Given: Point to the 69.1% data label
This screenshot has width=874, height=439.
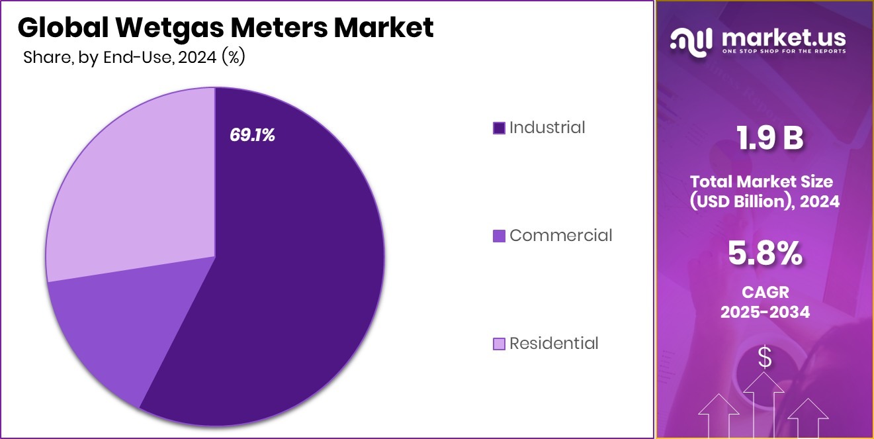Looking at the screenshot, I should click(x=252, y=135).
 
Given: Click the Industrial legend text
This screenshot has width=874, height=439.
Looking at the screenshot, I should click(x=547, y=127).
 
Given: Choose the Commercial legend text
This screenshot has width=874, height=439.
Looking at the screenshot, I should click(x=560, y=235).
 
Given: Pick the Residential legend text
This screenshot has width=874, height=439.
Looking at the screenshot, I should click(x=554, y=343).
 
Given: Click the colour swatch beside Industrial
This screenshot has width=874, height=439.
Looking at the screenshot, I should click(x=499, y=128).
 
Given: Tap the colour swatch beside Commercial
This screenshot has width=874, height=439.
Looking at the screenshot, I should click(x=499, y=236).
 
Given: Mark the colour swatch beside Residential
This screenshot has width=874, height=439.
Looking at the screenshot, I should click(x=499, y=344).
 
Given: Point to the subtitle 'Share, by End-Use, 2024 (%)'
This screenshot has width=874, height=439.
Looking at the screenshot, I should click(x=134, y=58).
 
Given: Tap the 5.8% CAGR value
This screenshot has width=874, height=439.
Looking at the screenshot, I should click(x=765, y=254).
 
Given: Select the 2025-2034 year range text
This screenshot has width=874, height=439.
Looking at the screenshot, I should click(x=765, y=312).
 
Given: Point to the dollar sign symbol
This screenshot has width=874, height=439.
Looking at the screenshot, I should click(x=765, y=358).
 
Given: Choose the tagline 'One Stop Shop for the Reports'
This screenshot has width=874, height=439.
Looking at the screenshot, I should click(x=783, y=51).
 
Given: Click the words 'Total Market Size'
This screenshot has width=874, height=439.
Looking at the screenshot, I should click(x=762, y=181).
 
